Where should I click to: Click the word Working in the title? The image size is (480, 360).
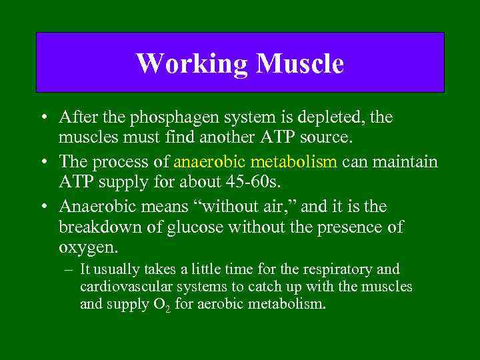pos(191,64)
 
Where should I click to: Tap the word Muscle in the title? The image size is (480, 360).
pos(300,64)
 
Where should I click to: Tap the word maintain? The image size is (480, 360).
pos(407,163)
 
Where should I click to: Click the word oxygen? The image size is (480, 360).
pos(87,249)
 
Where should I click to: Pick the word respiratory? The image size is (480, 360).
pos(349,269)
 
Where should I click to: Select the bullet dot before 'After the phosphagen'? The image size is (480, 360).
pos(43,117)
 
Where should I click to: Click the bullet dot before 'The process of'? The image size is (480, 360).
pos(43,163)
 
